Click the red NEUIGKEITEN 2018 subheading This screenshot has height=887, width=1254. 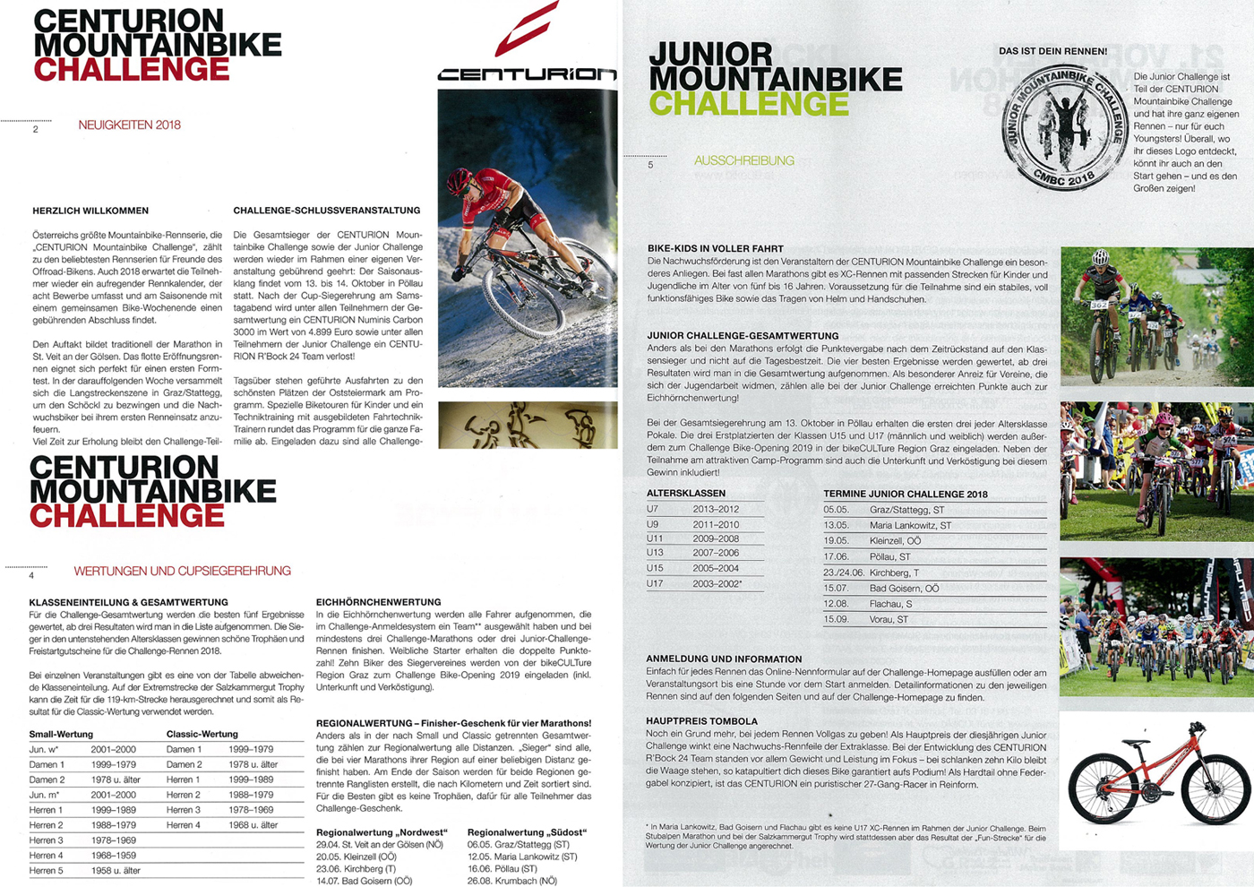pos(129,125)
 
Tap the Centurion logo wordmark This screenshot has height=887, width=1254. pos(527,74)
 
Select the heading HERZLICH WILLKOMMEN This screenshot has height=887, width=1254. pos(90,211)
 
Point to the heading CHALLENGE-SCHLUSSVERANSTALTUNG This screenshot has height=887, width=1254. pos(326,211)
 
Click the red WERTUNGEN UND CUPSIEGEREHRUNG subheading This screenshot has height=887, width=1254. pos(182,571)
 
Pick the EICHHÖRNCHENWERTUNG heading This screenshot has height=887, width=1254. pos(378,602)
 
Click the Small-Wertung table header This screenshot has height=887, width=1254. pos(61,734)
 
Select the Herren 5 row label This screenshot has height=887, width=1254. pos(47,870)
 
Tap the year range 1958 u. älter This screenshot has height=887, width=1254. pos(116,870)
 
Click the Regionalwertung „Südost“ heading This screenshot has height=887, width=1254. pos(527,832)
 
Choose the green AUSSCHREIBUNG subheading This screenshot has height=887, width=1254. pos(743,161)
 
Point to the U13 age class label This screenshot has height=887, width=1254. pos(655,553)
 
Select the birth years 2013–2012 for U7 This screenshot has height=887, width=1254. pos(716,509)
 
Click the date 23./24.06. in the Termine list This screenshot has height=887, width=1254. pos(843,573)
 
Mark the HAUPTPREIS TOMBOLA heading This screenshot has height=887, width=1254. pos(701,720)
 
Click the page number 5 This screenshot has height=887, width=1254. pos(650,165)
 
